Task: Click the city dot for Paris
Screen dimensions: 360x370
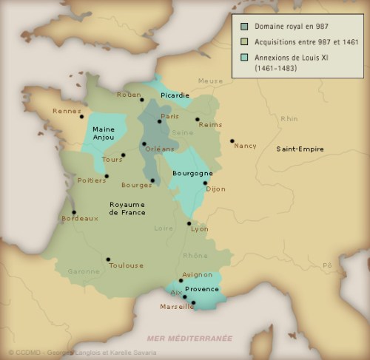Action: coord(159,121)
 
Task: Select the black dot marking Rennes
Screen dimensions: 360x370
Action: coord(81,116)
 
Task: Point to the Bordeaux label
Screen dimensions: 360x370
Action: coord(80,218)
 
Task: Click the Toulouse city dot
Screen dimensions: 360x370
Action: coord(108,259)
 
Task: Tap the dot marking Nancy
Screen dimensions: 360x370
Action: coord(232,140)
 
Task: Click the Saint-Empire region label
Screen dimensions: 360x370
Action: coord(300,149)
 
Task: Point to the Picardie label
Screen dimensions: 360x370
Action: coord(175,95)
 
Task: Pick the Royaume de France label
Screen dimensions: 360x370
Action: coord(127,208)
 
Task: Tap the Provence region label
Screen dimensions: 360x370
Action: coord(201,289)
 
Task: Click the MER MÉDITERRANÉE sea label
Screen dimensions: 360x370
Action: coord(189,338)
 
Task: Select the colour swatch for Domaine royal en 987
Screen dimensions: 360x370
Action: coord(244,26)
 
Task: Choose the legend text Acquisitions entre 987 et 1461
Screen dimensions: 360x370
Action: coord(306,42)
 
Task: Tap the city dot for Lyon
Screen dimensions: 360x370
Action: coord(189,223)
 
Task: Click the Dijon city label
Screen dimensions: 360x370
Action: coord(215,189)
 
